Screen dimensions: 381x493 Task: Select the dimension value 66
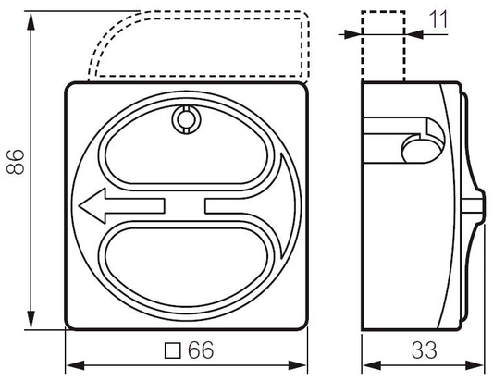click(x=200, y=350)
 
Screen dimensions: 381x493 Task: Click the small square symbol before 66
click(x=171, y=350)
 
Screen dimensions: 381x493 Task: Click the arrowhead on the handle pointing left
click(x=90, y=207)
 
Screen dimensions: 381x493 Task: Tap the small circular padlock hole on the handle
click(x=185, y=118)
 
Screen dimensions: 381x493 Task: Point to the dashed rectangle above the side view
click(x=382, y=46)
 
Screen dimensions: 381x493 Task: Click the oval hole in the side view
click(x=417, y=148)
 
